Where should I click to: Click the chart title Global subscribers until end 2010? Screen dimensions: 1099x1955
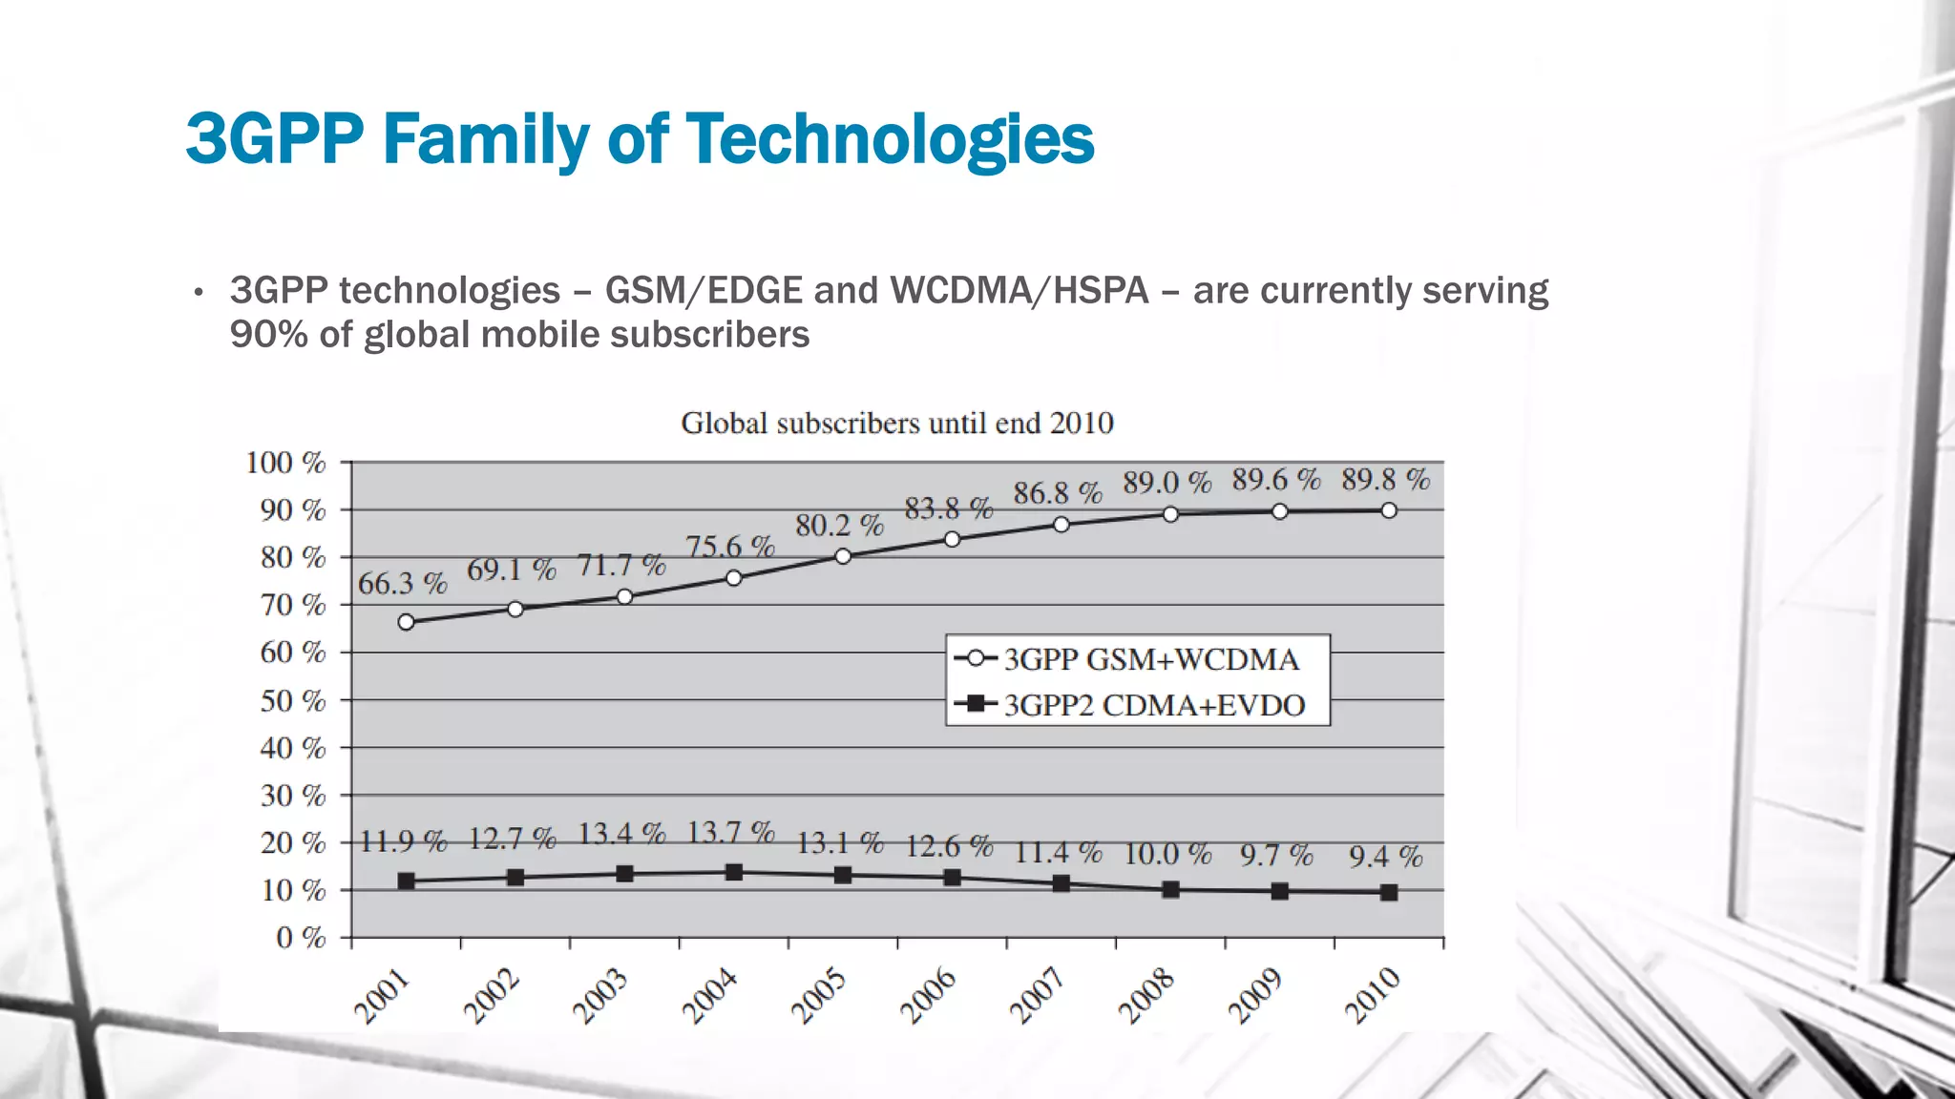896,423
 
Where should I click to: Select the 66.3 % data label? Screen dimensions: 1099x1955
402,583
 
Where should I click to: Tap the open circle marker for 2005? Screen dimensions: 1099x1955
843,556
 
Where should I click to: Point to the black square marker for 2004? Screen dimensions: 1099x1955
734,872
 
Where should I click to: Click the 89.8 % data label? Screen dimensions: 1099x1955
1385,479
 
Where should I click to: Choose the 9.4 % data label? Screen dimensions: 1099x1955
1385,857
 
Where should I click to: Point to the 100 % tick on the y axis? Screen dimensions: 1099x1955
285,463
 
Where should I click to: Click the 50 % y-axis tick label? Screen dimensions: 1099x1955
292,701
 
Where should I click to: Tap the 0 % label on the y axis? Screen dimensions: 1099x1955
301,938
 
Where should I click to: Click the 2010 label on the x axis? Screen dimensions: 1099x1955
1372,995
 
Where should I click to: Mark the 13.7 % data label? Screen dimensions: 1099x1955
730,833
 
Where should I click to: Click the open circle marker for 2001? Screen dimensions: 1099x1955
406,622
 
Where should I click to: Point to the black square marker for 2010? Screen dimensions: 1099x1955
1389,893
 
